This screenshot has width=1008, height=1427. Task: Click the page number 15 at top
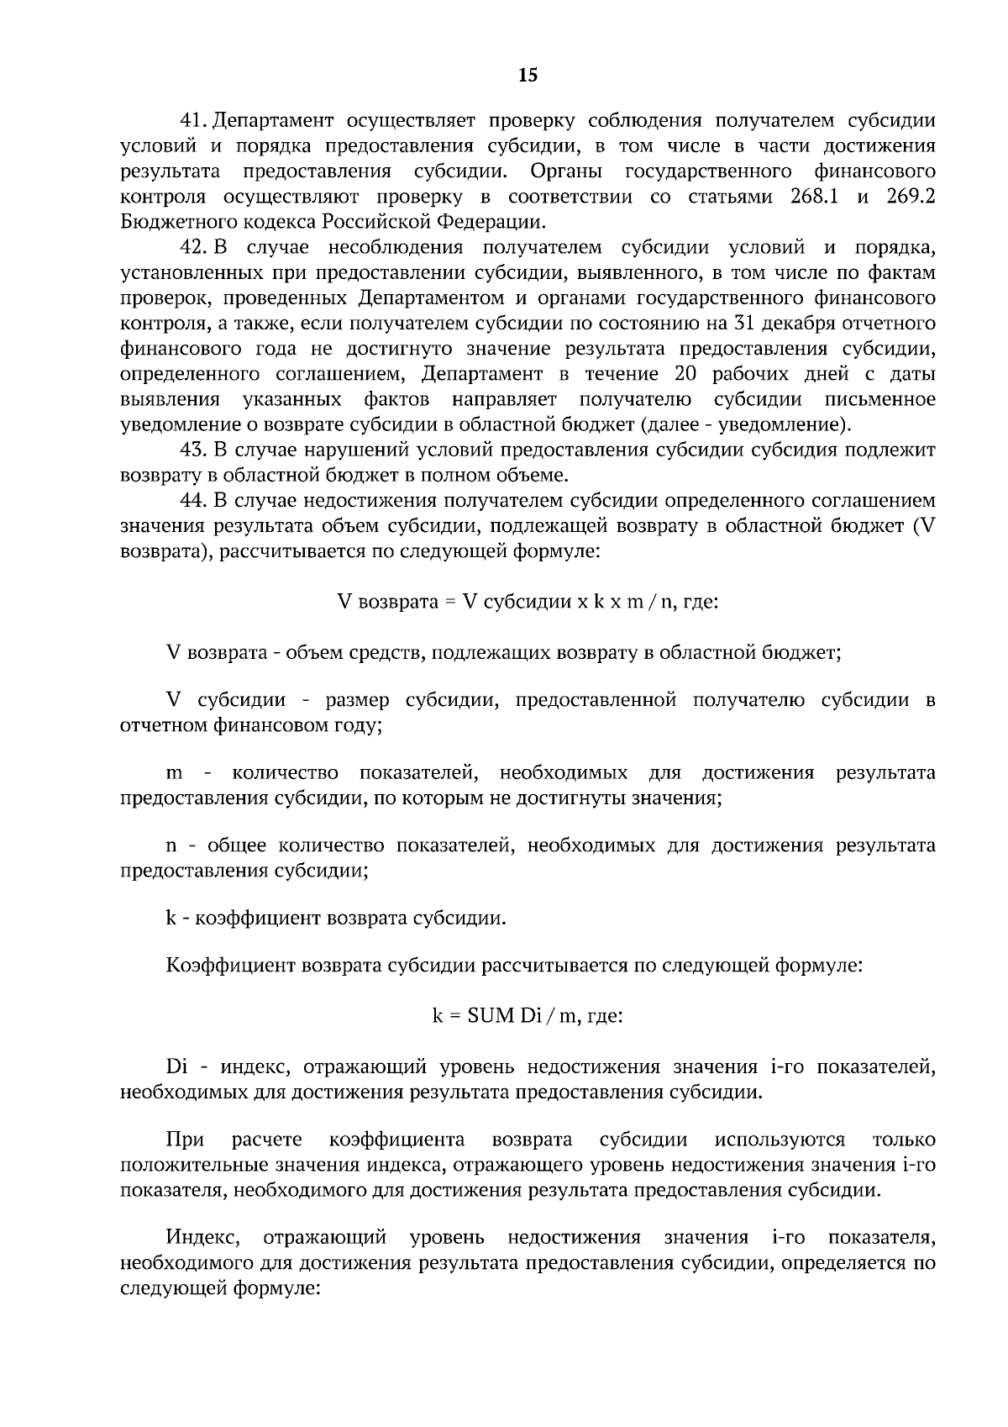click(528, 76)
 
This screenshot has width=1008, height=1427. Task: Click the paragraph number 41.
click(194, 121)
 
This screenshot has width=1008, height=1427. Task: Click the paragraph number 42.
click(194, 248)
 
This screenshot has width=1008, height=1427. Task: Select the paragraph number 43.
click(194, 450)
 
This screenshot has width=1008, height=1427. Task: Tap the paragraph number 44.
click(194, 501)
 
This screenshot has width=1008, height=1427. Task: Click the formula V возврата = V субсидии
click(527, 603)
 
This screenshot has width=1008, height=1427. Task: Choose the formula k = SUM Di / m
click(527, 1016)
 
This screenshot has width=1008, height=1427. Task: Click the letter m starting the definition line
click(175, 773)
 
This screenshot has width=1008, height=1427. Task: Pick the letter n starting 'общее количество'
click(173, 845)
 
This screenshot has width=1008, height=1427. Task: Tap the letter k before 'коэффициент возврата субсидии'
click(171, 918)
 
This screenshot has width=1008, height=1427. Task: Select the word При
click(186, 1140)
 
